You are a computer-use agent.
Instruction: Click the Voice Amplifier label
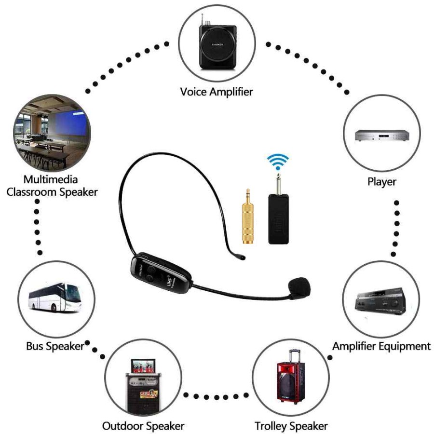pos(217,91)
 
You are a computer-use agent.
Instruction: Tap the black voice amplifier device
pos(217,46)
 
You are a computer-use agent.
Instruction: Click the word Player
pos(381,182)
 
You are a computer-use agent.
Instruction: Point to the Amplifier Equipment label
pos(381,346)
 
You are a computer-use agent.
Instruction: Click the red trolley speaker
pos(291,376)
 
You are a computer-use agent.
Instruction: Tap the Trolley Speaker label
pos(291,426)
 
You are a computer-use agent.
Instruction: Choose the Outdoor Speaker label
pos(143,426)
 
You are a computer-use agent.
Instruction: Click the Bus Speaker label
pos(55,346)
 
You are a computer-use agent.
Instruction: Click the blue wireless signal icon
pos(279,163)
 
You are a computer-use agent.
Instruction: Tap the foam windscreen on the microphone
pos(299,288)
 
